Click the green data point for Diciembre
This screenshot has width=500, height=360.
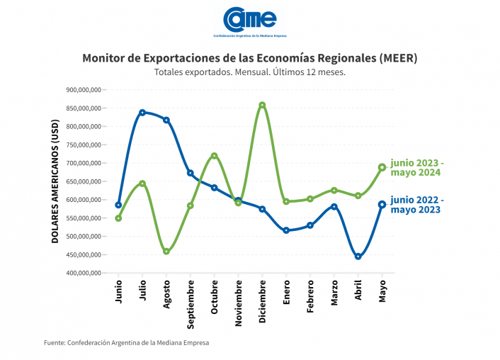click(x=262, y=105)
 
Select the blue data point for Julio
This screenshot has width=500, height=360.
click(x=142, y=112)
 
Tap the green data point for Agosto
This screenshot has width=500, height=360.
click(x=166, y=252)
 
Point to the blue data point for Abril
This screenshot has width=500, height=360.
click(x=358, y=257)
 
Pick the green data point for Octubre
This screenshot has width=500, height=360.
click(x=214, y=156)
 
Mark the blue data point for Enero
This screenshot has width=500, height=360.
click(x=286, y=230)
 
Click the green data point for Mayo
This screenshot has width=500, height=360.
click(x=382, y=167)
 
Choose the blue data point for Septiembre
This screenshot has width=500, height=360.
click(x=190, y=173)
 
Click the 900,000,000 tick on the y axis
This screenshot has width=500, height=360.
click(x=83, y=90)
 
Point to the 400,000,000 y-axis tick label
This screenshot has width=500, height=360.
click(x=83, y=273)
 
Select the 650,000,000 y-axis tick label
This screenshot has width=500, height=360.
click(x=83, y=181)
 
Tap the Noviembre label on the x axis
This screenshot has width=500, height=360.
click(x=238, y=303)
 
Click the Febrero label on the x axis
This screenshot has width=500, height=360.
click(x=310, y=299)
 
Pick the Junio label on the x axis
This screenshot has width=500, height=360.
click(x=118, y=293)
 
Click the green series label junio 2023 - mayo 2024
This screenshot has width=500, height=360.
click(x=418, y=167)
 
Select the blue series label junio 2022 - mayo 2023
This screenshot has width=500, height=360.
click(x=416, y=204)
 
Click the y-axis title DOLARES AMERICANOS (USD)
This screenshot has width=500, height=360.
click(x=55, y=181)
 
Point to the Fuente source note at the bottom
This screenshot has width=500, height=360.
click(x=127, y=342)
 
